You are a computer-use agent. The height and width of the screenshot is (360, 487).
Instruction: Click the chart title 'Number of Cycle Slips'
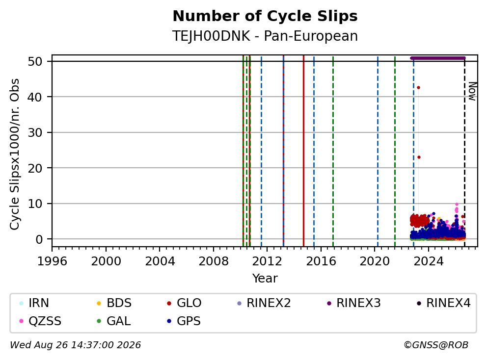click(265, 16)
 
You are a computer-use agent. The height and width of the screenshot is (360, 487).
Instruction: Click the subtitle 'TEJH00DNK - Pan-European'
click(265, 36)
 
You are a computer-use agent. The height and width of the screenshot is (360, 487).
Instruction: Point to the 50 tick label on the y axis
click(35, 61)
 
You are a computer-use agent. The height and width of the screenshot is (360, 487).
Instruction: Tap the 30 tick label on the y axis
click(35, 132)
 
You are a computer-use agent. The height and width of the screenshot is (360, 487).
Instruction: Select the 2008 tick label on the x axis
click(214, 261)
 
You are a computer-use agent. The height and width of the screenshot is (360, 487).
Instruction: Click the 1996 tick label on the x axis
click(52, 261)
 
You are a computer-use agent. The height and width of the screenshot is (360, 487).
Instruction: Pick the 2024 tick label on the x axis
click(428, 261)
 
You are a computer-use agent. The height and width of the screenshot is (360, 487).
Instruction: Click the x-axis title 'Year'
click(265, 279)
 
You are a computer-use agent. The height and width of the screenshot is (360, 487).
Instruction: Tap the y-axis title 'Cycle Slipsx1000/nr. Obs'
click(14, 154)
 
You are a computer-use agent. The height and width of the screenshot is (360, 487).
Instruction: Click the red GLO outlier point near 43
click(418, 87)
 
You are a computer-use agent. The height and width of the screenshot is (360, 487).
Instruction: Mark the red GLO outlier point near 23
click(419, 157)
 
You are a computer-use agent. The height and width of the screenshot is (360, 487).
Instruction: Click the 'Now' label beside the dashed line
click(472, 91)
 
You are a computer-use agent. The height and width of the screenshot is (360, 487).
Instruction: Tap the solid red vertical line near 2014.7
click(303, 151)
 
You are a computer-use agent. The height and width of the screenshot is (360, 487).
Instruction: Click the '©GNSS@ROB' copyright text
click(436, 345)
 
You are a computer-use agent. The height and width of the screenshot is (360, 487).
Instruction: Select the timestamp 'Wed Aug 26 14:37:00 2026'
click(76, 345)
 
